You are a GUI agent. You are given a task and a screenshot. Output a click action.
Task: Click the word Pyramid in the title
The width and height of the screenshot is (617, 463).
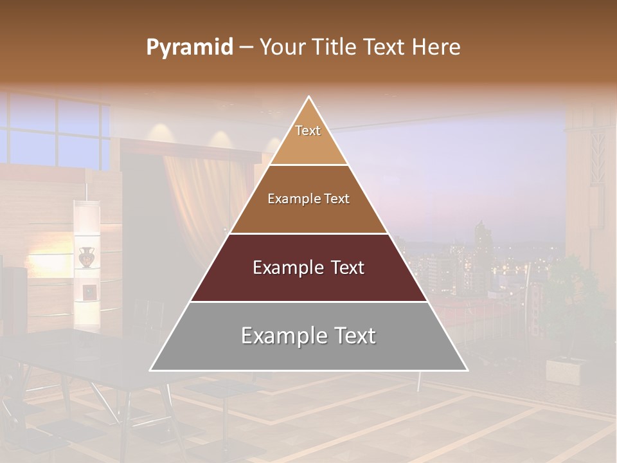coord(189,48)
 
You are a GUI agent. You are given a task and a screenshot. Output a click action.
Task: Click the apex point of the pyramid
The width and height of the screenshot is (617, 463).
coord(309,97)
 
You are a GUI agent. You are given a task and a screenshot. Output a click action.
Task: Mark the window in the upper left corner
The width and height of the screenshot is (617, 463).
coord(58,132)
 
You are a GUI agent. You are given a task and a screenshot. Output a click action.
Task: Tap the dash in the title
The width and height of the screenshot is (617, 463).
coord(246,48)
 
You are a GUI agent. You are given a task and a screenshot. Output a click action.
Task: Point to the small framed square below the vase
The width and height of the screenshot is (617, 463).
coord(91,291)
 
